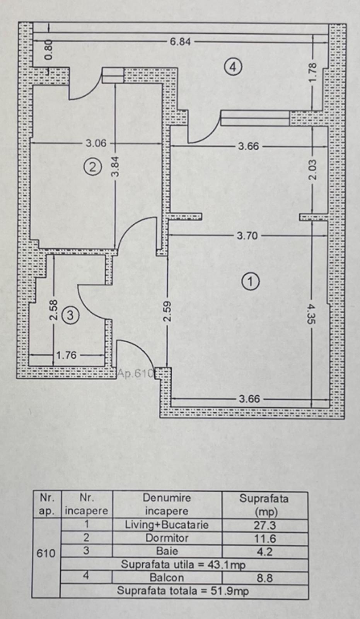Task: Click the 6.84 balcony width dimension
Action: tap(180, 41)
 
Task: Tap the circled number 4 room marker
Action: tap(233, 67)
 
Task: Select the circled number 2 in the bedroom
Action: tap(93, 167)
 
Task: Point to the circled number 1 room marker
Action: tap(250, 281)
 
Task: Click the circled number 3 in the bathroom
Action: tap(70, 315)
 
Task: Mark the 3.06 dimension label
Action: tap(96, 143)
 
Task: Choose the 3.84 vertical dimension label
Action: tap(116, 166)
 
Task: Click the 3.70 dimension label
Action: tap(247, 236)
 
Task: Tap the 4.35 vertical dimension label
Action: tap(312, 314)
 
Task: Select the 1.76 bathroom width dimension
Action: tap(67, 355)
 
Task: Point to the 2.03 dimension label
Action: tap(312, 170)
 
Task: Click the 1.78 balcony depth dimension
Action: tap(313, 72)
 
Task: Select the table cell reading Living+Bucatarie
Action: tap(167, 525)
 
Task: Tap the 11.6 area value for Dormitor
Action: tap(265, 539)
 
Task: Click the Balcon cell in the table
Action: tap(167, 578)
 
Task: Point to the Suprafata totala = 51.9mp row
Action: tap(183, 591)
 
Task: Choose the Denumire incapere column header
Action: tap(167, 504)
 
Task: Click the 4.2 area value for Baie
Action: tap(265, 551)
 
